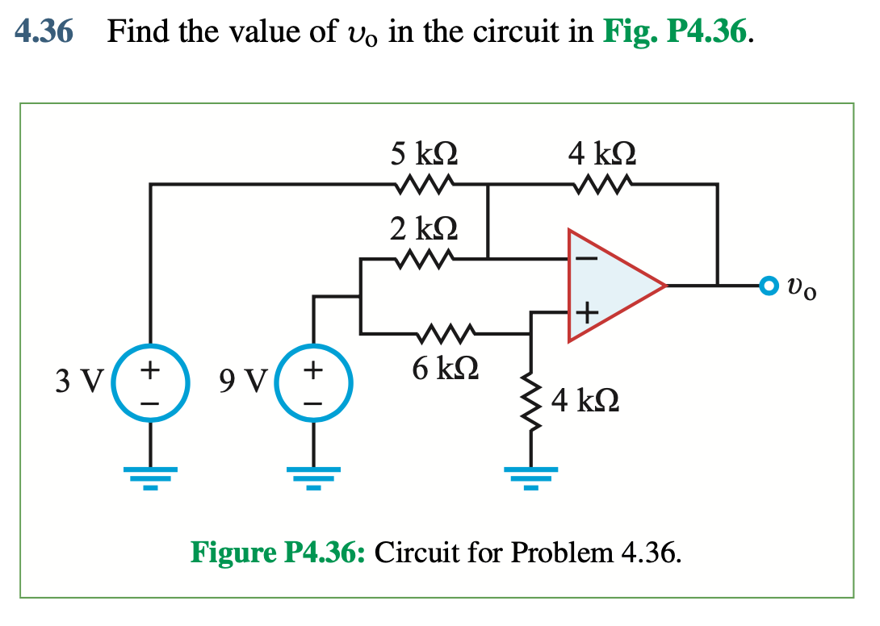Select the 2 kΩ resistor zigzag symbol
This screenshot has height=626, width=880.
click(424, 259)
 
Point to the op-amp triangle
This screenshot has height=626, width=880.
click(610, 285)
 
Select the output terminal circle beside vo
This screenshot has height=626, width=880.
click(769, 285)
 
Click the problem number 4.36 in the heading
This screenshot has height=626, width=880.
click(44, 31)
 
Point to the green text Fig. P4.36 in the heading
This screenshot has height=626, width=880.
click(679, 31)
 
